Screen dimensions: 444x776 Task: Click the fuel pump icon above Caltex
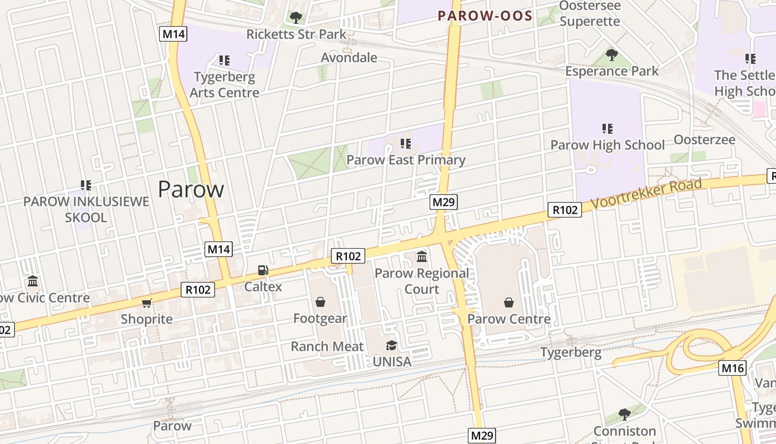[x=263, y=270]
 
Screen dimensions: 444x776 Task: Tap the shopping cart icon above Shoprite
[x=147, y=303]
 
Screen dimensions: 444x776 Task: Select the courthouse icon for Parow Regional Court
[x=422, y=256]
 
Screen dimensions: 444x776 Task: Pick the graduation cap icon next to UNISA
[x=392, y=345]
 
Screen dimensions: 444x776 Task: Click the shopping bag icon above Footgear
[x=320, y=302]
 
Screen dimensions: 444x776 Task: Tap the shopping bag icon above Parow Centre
[x=509, y=302]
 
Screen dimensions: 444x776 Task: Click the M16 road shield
[x=733, y=367]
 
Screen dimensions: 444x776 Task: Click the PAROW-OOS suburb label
[x=485, y=16]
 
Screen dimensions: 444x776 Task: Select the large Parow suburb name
[x=191, y=189]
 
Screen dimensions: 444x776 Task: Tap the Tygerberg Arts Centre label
[x=224, y=84]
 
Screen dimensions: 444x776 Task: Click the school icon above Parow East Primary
[x=406, y=144]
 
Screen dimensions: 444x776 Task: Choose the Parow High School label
[x=607, y=145]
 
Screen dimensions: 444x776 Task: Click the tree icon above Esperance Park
[x=612, y=55]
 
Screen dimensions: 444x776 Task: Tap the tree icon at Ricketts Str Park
[x=296, y=18]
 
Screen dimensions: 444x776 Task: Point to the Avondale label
[x=349, y=58]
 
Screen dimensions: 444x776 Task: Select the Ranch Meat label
[x=327, y=346]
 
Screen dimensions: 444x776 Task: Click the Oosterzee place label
[x=704, y=139]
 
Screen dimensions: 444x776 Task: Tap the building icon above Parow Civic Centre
[x=33, y=281]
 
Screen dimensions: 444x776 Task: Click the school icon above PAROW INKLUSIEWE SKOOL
[x=85, y=185]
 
